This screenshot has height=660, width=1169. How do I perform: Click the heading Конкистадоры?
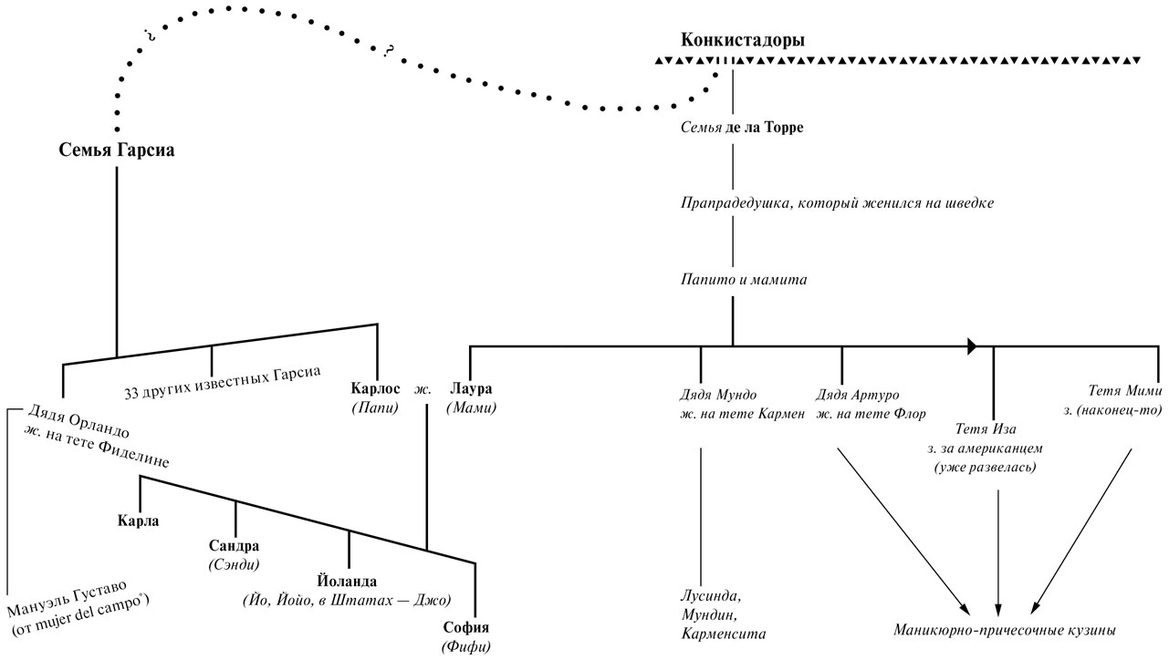point(743,40)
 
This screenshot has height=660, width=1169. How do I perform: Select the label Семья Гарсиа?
point(116,150)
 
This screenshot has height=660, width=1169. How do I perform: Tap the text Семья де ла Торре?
point(742,128)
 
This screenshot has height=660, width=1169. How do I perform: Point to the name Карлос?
point(375,389)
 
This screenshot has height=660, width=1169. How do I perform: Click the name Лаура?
point(471,389)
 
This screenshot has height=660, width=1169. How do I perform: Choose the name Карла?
point(139,521)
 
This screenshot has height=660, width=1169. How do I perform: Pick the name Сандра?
point(235,546)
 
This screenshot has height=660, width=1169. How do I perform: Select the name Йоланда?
point(347,581)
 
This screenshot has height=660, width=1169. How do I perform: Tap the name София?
point(466,628)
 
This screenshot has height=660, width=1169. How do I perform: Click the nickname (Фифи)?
point(466,647)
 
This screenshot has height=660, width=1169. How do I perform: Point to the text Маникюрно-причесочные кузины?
point(1004,631)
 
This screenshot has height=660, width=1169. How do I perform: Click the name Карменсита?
point(724,633)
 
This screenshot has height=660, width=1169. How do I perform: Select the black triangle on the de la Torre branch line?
point(972,346)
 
